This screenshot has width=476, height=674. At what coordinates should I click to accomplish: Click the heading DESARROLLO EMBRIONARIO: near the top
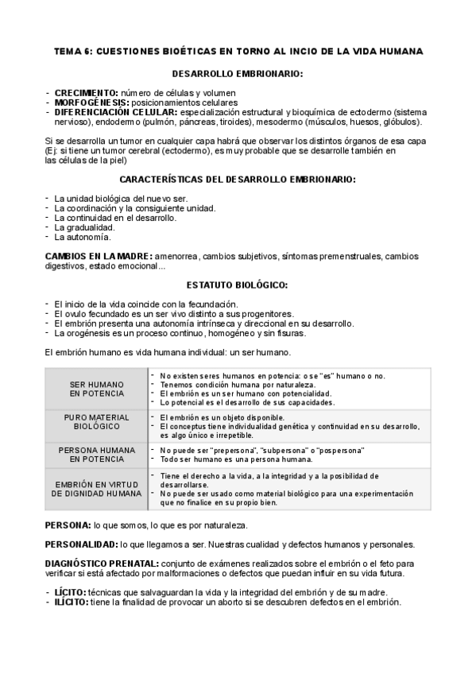click(238, 74)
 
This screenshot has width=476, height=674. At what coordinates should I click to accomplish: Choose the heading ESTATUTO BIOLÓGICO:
click(237, 285)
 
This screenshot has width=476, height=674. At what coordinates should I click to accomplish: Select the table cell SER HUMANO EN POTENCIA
click(96, 389)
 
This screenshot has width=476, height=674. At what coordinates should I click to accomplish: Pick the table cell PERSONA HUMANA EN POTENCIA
click(96, 455)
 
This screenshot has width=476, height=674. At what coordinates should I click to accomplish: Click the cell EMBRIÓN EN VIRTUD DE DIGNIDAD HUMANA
click(96, 488)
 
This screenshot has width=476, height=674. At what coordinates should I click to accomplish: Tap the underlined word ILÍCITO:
click(72, 602)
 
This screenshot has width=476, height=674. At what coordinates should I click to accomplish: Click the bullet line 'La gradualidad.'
click(84, 227)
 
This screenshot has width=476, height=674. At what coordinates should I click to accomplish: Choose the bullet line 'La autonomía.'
click(83, 237)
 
